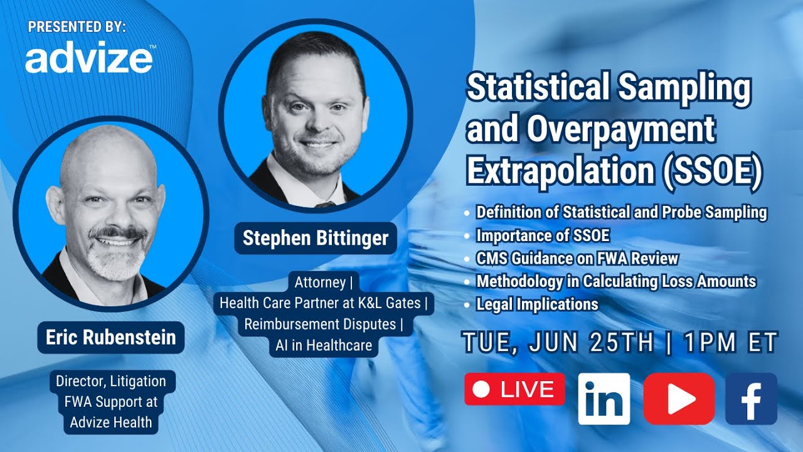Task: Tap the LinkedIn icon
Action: click(604, 399)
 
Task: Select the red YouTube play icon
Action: click(679, 399)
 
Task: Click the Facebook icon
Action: click(751, 399)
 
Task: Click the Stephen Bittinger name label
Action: click(316, 239)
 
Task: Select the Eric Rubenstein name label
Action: click(110, 337)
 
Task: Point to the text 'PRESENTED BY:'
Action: click(77, 27)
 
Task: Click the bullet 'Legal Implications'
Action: click(537, 304)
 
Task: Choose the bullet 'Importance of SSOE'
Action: click(543, 235)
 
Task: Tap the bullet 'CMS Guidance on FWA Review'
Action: click(577, 258)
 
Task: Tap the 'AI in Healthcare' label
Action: click(323, 345)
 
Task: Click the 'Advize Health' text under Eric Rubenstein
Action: click(110, 422)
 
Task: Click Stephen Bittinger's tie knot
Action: click(324, 204)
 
